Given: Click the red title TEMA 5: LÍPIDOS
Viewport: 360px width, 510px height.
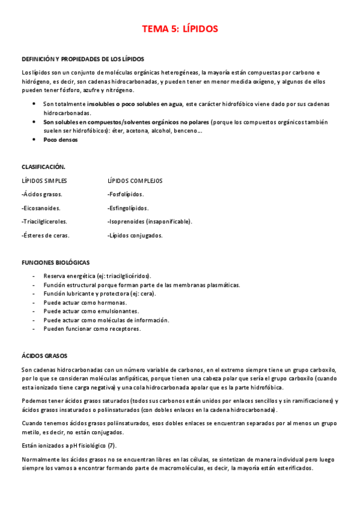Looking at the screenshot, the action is (180, 28).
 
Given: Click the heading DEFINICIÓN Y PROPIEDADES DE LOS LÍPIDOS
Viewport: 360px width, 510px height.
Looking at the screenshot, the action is (83, 59).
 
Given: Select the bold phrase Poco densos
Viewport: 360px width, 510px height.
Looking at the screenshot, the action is (61, 140).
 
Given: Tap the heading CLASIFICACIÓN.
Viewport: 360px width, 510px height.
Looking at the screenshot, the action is (43, 167).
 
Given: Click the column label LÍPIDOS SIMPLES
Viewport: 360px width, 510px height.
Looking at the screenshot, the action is (44, 180).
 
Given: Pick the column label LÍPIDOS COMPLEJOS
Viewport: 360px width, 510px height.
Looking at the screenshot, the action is (135, 180).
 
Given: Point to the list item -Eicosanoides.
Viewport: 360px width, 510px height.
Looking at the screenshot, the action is (43, 208).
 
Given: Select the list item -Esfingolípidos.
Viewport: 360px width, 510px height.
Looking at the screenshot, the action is (128, 208).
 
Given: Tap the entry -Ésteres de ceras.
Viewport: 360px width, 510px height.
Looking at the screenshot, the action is (45, 235).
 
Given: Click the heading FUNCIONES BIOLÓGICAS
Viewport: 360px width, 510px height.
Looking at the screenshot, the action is (55, 262).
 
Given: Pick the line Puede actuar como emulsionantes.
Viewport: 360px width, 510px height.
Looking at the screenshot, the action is (91, 311).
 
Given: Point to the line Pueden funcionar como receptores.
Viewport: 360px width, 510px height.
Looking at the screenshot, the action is (92, 329).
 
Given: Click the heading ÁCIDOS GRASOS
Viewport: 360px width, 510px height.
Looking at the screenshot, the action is (44, 356).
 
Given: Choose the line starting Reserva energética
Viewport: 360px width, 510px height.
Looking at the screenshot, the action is (97, 275).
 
